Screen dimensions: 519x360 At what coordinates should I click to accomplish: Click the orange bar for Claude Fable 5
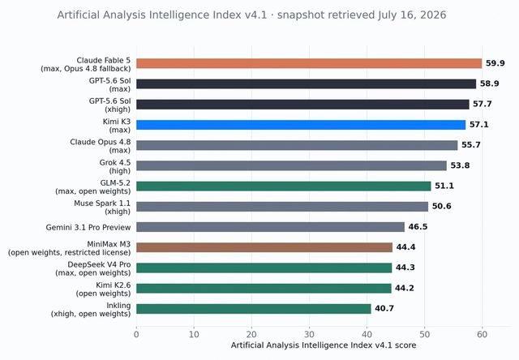tap(309, 63)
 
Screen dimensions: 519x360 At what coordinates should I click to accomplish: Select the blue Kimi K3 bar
tap(301, 125)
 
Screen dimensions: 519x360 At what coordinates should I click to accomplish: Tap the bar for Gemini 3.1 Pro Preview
tap(270, 227)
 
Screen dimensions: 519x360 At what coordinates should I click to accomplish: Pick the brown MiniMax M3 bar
tap(264, 247)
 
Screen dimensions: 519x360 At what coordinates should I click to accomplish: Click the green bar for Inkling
tap(254, 309)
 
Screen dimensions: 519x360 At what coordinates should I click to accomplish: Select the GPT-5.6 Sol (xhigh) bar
tap(302, 105)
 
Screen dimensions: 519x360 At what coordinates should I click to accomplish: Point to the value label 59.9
tap(495, 63)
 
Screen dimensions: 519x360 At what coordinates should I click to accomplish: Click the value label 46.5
tap(418, 227)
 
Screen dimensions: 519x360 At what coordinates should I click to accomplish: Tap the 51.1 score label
tap(444, 186)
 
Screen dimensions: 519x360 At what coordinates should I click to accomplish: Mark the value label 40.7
tap(384, 308)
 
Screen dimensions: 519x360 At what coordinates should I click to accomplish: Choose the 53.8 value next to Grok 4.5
tap(460, 165)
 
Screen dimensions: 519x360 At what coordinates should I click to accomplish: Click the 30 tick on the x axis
tap(309, 334)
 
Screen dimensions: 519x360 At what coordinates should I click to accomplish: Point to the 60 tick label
tap(482, 334)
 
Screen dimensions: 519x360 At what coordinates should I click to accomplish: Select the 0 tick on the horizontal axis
tap(136, 334)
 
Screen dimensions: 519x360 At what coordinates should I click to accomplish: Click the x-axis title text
tap(324, 345)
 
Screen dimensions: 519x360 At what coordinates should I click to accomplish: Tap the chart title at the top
tap(251, 15)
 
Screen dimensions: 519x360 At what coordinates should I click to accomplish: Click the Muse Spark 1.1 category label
tap(102, 208)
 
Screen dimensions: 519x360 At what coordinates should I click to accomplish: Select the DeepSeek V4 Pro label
tap(92, 268)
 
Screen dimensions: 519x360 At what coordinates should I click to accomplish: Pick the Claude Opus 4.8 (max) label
tap(101, 146)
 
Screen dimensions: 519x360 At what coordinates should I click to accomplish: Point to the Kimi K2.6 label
tap(103, 289)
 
